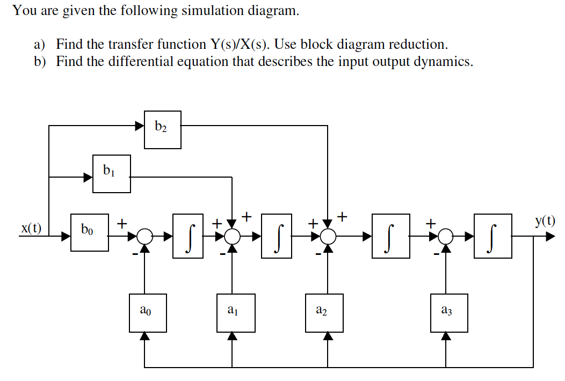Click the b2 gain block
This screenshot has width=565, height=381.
[163, 129]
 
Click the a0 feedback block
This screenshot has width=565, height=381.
[148, 312]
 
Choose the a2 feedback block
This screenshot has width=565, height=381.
[324, 312]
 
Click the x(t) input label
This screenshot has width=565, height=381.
[31, 228]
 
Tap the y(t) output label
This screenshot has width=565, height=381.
[545, 220]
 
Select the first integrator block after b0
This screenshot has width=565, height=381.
[188, 236]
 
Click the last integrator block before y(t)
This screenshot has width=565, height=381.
[493, 236]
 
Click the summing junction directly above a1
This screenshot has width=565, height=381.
[232, 236]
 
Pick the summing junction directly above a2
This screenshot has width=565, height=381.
[328, 236]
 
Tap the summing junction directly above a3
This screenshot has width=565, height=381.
[445, 236]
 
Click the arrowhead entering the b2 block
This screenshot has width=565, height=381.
[139, 126]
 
